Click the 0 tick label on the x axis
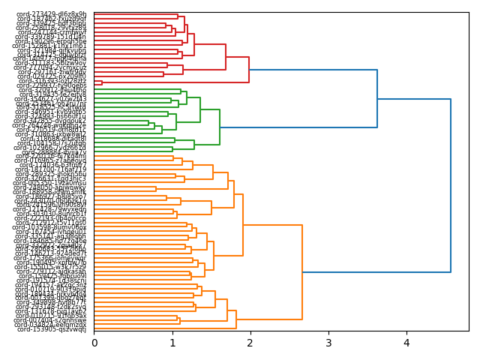pyautogui.click(x=94, y=343)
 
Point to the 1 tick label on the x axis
pyautogui.click(x=172, y=343)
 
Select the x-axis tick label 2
pyautogui.click(x=250, y=343)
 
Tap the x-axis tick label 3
pyautogui.click(x=328, y=343)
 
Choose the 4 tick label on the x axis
pyautogui.click(x=406, y=343)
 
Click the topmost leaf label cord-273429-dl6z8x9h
pyautogui.click(x=52, y=14)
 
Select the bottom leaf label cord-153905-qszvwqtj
pyautogui.click(x=52, y=329)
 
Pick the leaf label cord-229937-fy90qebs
pyautogui.click(x=52, y=85)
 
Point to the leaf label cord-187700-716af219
pyautogui.click(x=52, y=169)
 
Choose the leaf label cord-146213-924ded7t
pyautogui.click(x=52, y=253)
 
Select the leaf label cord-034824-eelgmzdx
pyautogui.click(x=52, y=325)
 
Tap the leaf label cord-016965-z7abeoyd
pyautogui.click(x=52, y=160)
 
